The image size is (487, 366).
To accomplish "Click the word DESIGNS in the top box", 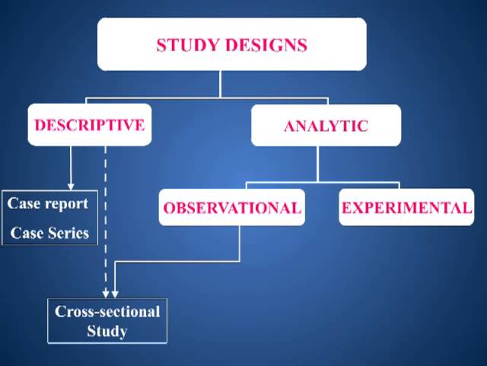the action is coord(266,45).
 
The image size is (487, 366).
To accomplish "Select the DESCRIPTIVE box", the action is coord(90,125).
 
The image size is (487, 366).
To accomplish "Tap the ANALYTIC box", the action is coord(326,126).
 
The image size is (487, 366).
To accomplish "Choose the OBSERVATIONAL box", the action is coord(232,207).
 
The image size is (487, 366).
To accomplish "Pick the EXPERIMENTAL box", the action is coord(406,207).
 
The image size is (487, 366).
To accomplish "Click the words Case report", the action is coord(48,204).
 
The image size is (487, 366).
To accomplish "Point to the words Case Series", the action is coord(49,233).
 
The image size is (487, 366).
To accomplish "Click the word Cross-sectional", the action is coord(107,311).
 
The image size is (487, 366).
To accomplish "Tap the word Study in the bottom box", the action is coord(107,331).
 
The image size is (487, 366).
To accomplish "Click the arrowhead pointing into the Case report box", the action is coord(71,185).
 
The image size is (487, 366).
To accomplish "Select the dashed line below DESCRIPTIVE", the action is coord(106,213).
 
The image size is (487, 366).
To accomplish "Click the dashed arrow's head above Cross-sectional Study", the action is coord(106,294).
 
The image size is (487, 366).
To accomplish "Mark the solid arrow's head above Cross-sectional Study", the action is coord(115,294).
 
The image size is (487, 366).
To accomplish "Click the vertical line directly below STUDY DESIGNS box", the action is coord(221,84).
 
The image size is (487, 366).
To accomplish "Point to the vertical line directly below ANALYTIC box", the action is coord(319,164).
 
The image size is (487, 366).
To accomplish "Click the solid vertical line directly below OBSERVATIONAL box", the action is coord(240,242).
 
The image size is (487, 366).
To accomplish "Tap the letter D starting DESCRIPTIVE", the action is coord(40,125).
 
